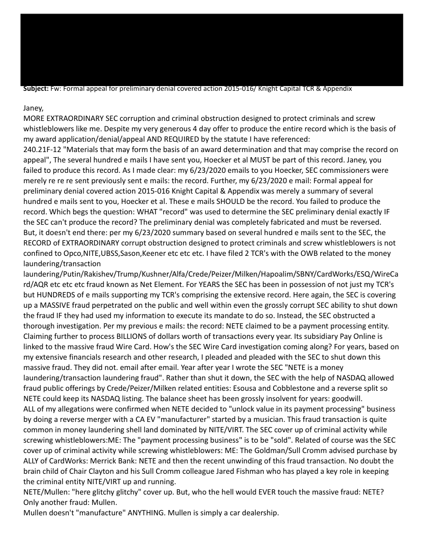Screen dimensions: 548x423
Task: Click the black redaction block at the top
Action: (212, 47)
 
